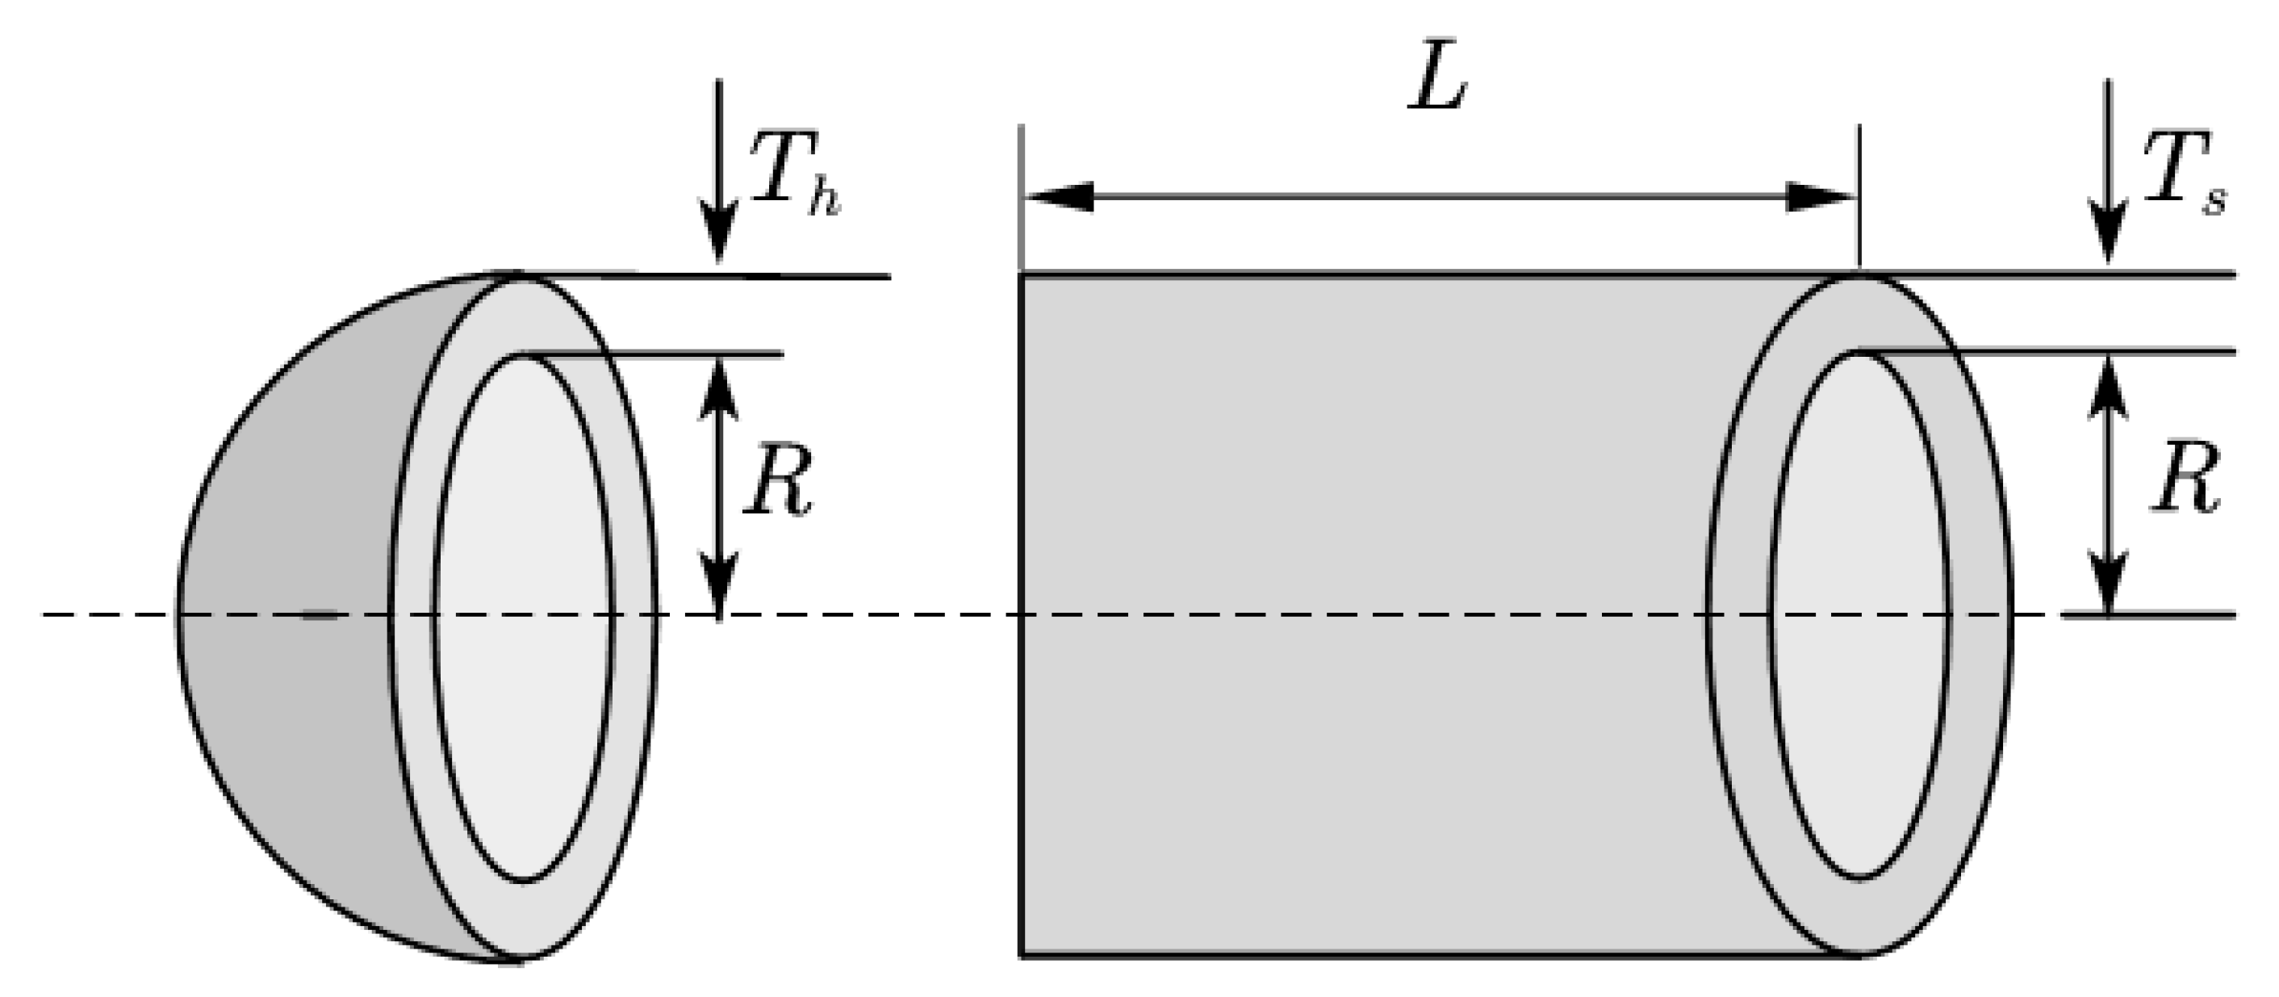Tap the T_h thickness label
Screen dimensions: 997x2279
[792, 173]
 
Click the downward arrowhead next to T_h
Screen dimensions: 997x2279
[718, 234]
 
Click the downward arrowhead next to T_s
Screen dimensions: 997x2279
[2110, 234]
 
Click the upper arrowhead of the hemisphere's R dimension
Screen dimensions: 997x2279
[718, 389]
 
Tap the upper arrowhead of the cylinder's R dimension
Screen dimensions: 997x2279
[2110, 389]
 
